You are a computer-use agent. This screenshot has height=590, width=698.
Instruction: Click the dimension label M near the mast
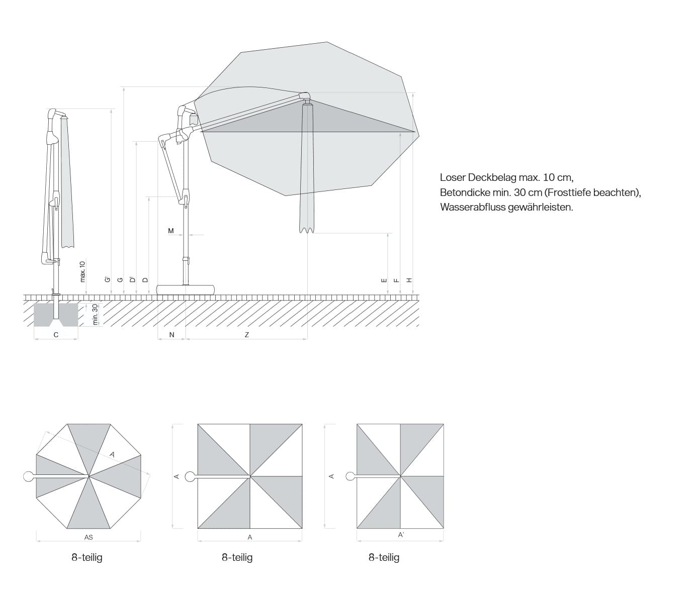[x=171, y=231]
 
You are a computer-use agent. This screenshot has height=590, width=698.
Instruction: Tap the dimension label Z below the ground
[x=247, y=335]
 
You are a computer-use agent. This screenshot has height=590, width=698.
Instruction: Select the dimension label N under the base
[x=171, y=335]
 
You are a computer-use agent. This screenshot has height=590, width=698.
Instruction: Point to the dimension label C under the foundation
[x=56, y=335]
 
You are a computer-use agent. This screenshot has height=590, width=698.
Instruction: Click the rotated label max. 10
[x=83, y=271]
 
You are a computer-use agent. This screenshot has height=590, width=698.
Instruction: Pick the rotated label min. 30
[x=95, y=314]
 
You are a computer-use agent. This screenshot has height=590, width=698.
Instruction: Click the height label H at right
[x=409, y=280]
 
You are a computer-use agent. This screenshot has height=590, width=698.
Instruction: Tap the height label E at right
[x=384, y=280]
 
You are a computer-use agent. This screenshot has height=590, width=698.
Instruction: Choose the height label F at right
[x=396, y=280]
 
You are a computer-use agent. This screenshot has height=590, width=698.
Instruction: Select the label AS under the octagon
[x=89, y=537]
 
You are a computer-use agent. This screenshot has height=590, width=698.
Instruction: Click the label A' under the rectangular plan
[x=401, y=535]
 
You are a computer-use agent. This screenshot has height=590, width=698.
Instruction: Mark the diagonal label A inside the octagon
[x=112, y=454]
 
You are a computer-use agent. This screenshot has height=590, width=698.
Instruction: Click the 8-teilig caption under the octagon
[x=87, y=557]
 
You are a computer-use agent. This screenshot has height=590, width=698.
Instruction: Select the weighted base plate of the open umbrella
[x=186, y=289]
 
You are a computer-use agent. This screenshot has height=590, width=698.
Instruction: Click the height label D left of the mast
[x=146, y=280]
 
